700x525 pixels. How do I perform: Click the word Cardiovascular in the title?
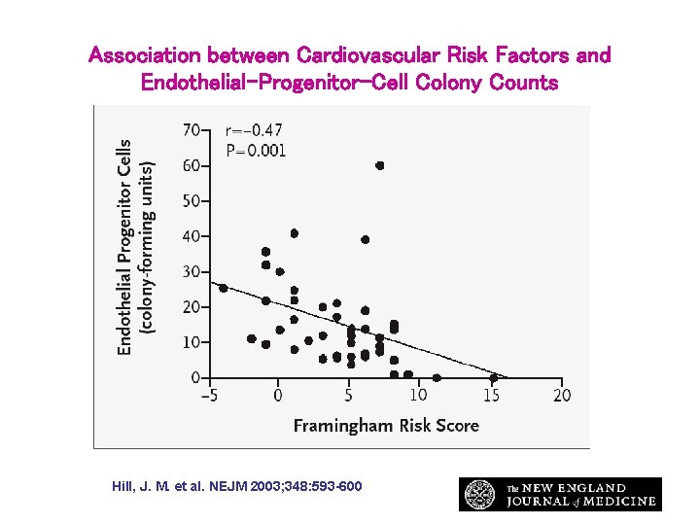click(370, 55)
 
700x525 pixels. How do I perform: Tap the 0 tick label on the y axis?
click(196, 378)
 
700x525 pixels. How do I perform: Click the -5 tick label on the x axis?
click(207, 396)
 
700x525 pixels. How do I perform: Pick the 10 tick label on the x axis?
click(418, 396)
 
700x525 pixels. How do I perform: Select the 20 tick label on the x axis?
click(562, 396)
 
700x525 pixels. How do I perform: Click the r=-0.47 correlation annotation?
click(254, 130)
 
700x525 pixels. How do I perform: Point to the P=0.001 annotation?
click(256, 151)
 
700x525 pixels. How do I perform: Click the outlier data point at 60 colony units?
click(380, 165)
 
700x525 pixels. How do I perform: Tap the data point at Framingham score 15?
click(494, 377)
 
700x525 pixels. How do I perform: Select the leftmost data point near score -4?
click(224, 288)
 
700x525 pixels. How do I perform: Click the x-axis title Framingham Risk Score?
click(386, 426)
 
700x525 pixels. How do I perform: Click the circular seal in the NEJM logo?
click(479, 494)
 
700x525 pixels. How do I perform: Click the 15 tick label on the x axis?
click(492, 396)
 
